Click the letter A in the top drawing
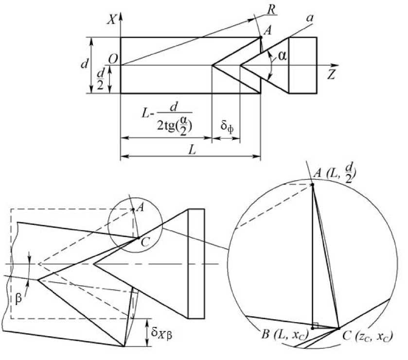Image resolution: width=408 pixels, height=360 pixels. tap(268, 30)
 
